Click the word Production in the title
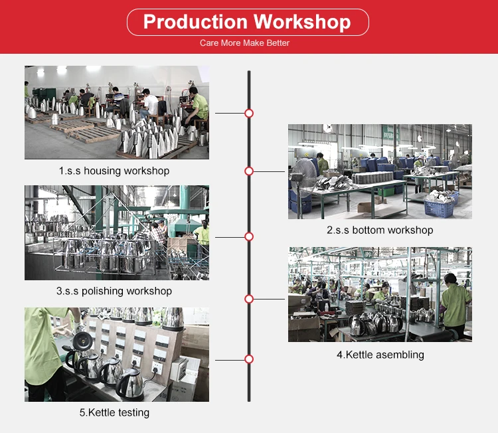195,22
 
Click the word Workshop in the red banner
302,22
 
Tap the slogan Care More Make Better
244,43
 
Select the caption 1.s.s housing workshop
114,171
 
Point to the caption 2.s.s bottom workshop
380,230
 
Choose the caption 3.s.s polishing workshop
114,291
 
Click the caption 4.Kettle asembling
380,355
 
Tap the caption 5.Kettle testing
114,412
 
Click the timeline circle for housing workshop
249,113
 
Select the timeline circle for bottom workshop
249,171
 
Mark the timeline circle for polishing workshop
249,236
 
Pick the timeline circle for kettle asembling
249,299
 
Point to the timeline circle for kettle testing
249,359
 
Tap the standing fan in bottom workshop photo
303,184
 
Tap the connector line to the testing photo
230,360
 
